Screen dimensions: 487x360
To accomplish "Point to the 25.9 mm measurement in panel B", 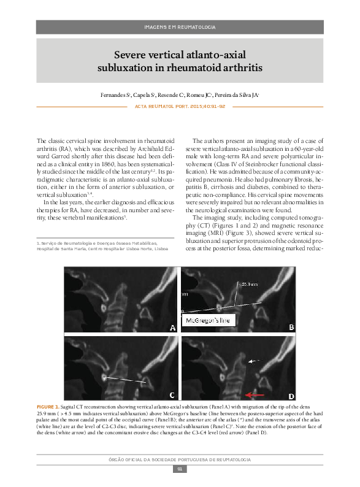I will click(250, 284).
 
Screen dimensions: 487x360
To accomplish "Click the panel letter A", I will click(173, 328).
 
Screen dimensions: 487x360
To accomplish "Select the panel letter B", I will click(292, 328).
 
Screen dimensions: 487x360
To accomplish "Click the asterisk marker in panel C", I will click(105, 378).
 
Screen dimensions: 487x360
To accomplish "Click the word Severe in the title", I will click(130, 54).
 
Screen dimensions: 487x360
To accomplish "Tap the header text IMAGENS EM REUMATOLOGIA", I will click(180, 27).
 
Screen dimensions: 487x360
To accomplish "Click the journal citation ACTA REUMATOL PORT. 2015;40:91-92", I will click(180, 106).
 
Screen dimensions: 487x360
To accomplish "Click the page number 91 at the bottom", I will click(180, 469).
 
